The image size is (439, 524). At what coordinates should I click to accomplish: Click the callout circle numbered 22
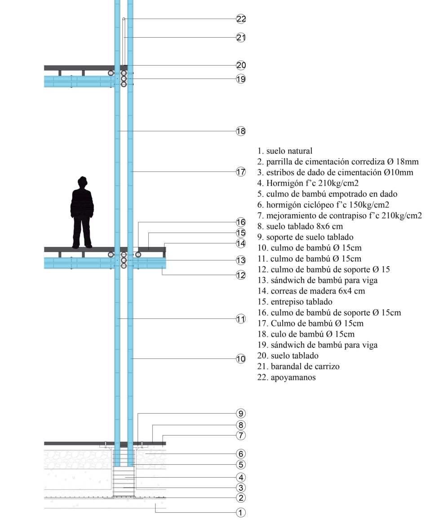[241, 19]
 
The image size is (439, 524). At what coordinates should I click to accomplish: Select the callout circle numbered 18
[241, 131]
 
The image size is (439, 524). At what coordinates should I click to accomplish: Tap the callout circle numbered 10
[241, 359]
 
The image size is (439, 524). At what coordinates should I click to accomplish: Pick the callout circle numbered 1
[241, 512]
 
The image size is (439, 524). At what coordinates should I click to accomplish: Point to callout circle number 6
[241, 454]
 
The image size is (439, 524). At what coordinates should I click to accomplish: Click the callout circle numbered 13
[241, 260]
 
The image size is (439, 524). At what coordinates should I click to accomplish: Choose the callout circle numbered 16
[241, 222]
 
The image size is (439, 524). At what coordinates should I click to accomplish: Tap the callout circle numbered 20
[241, 65]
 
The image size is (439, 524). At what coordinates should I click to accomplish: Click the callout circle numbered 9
[241, 414]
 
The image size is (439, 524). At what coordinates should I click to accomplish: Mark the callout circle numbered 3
[241, 488]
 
